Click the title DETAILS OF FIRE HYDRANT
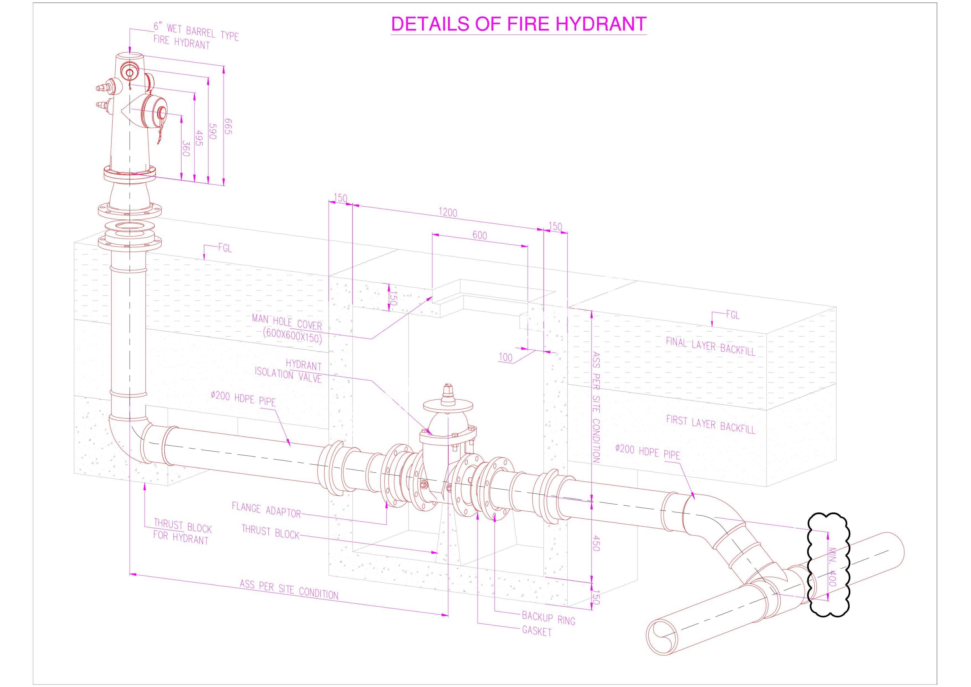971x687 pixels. pyautogui.click(x=519, y=24)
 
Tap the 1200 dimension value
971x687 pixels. pyautogui.click(x=447, y=212)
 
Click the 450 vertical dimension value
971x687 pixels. pyautogui.click(x=595, y=543)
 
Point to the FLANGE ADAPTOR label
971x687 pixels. pyautogui.click(x=266, y=510)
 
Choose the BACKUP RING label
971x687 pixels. pyautogui.click(x=548, y=618)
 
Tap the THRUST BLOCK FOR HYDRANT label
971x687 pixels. pyautogui.click(x=182, y=532)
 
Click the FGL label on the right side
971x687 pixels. pyautogui.click(x=733, y=315)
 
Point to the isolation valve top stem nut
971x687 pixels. pyautogui.click(x=448, y=389)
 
